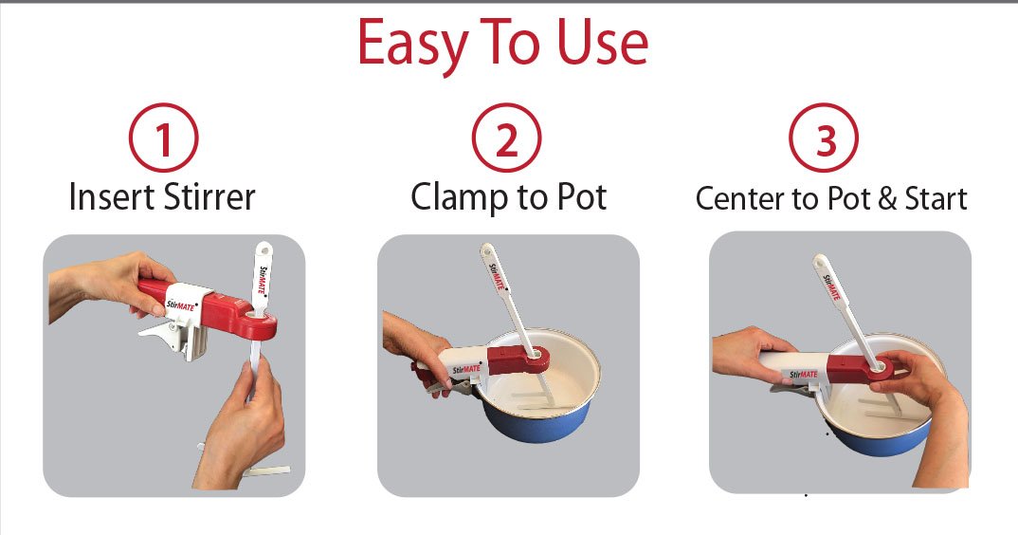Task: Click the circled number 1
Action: (x=163, y=141)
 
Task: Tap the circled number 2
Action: (x=507, y=141)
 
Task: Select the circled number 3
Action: (x=825, y=141)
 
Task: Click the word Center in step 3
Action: (x=738, y=198)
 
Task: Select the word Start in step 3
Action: (x=932, y=198)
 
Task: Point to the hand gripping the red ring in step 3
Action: (x=910, y=370)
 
